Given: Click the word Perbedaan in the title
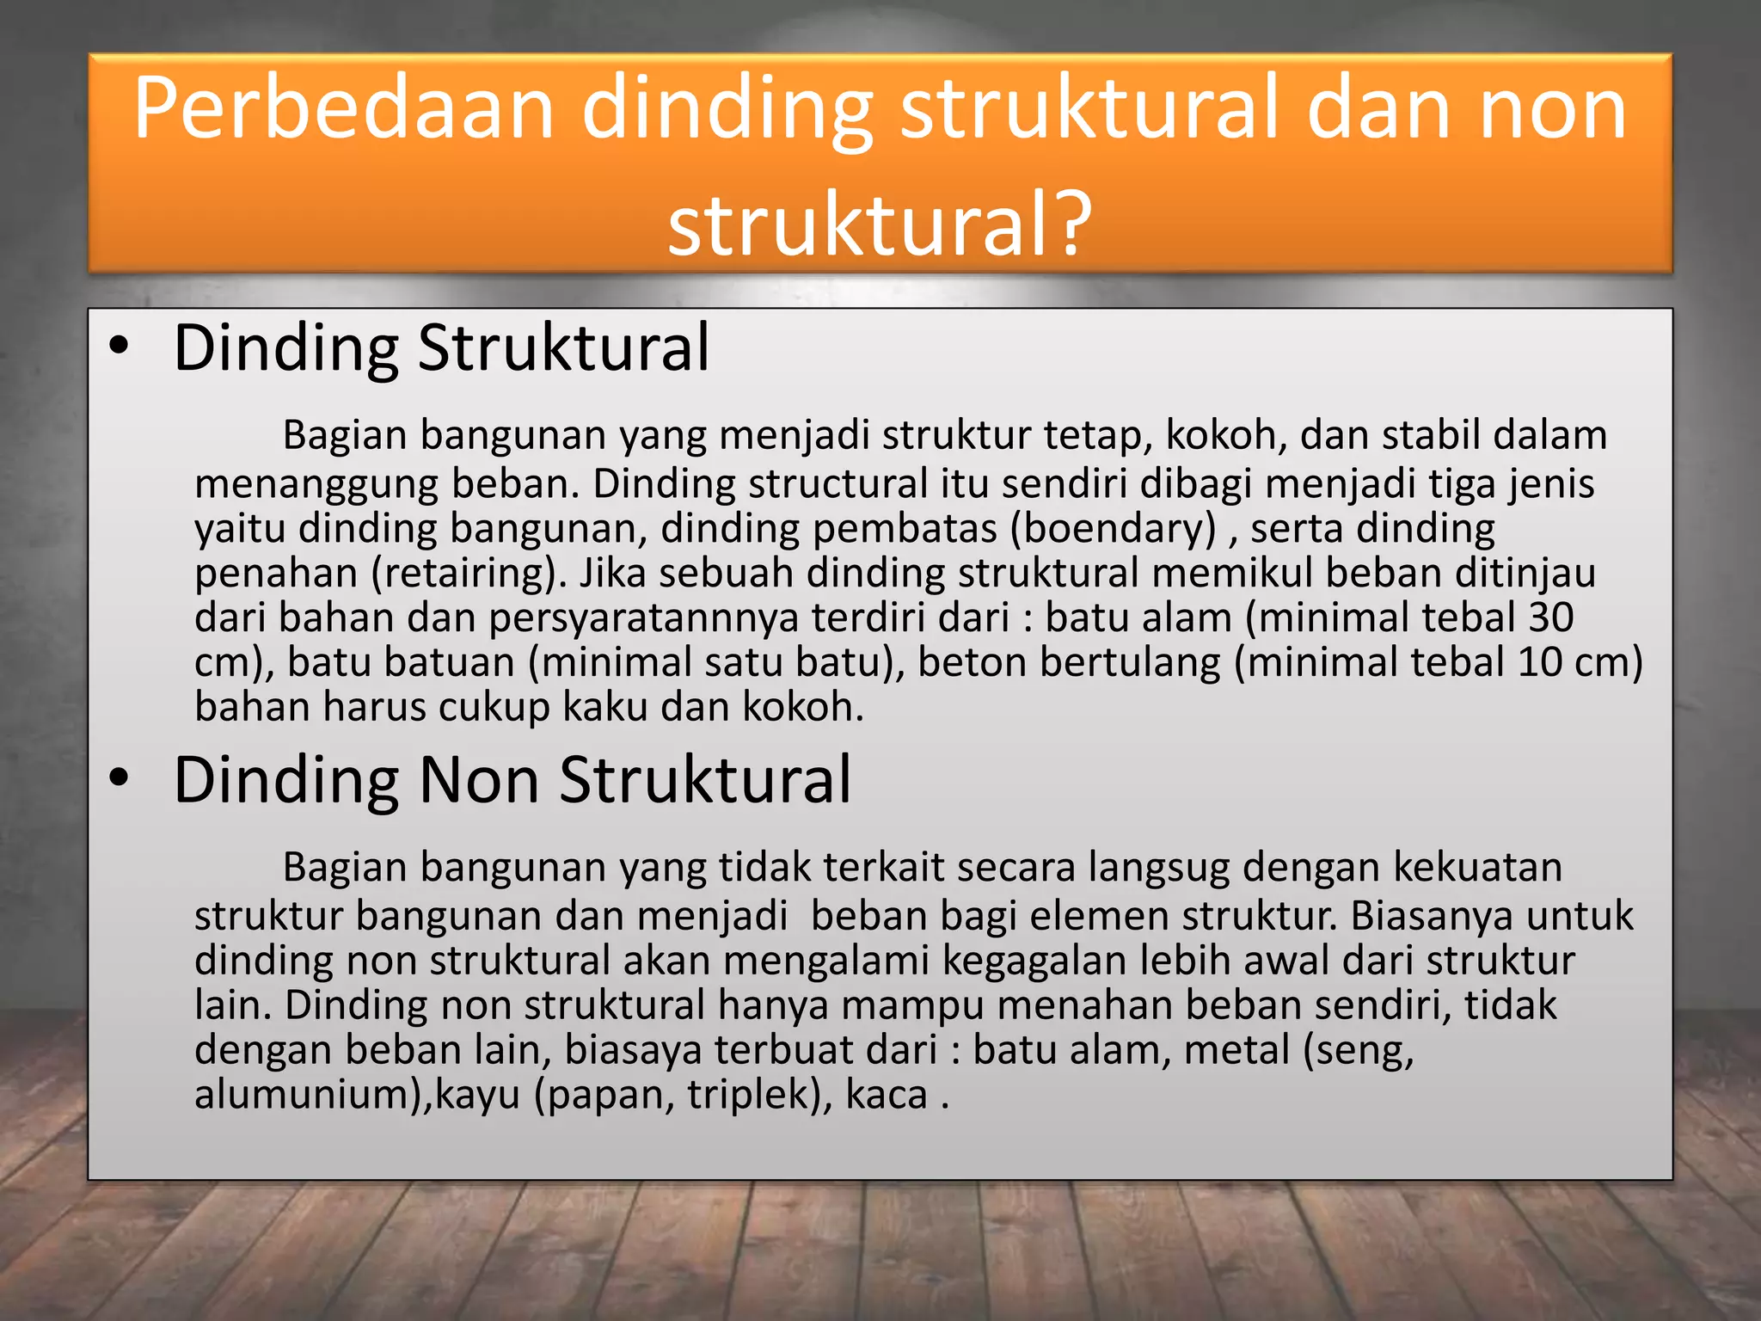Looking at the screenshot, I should point(344,109).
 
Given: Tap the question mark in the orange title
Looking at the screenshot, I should point(1071,225).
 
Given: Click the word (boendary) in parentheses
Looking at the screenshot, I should point(1113,529).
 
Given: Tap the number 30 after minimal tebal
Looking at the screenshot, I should point(1550,617).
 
